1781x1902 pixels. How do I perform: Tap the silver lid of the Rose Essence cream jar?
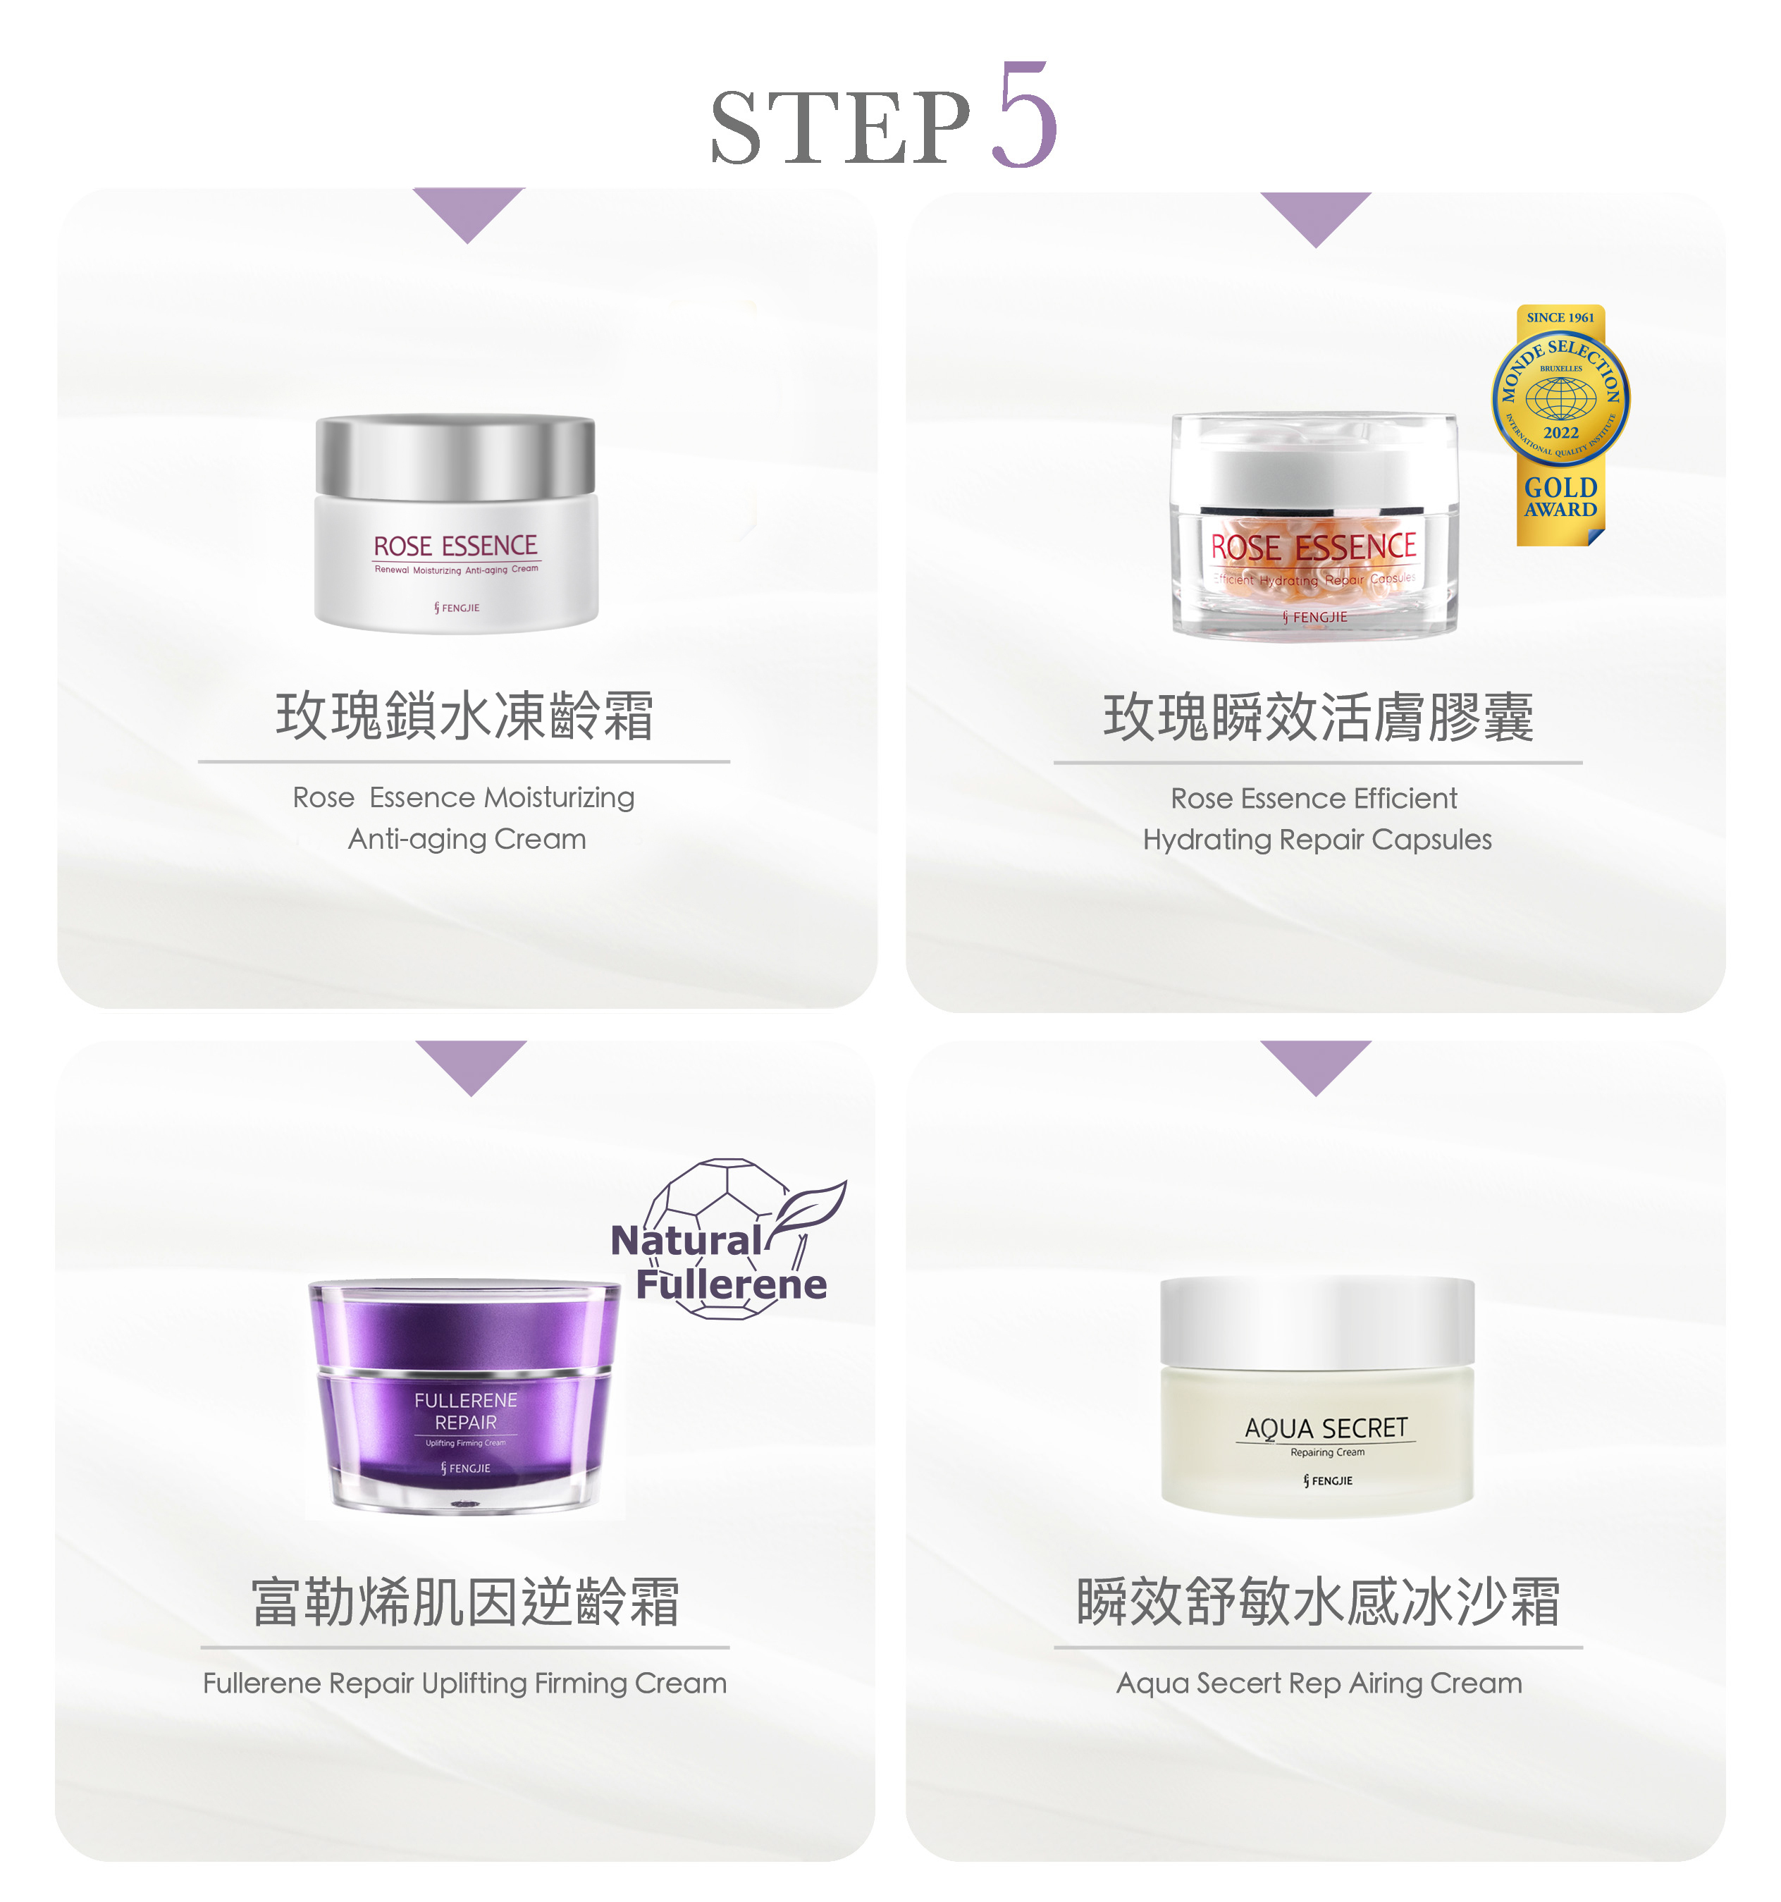[455, 455]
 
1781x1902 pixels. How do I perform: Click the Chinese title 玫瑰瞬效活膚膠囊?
[1317, 718]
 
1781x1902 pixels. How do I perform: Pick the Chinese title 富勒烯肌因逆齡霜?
[465, 1602]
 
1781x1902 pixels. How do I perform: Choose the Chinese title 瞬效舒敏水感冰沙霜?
[1317, 1602]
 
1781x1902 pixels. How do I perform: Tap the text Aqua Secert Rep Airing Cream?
[1318, 1683]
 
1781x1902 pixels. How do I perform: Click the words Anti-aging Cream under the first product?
[466, 839]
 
